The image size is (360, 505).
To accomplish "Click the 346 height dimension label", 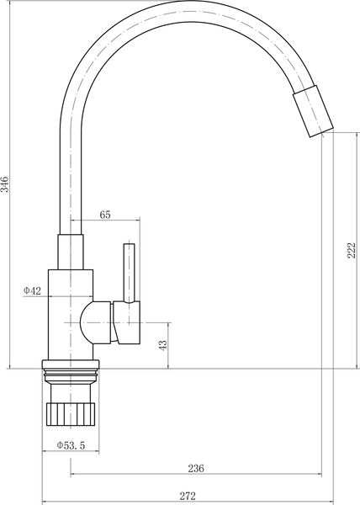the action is [5, 184].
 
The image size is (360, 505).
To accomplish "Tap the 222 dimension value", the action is [352, 250].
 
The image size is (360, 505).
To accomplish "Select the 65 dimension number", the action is [105, 215].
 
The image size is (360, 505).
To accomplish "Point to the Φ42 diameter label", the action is [32, 291].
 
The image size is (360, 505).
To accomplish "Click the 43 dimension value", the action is [163, 345].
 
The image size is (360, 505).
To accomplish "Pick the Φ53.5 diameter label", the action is [71, 445].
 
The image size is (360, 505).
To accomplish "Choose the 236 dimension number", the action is [196, 468].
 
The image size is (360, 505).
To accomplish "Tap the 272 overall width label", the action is [188, 496].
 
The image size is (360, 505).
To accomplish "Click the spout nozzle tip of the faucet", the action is [313, 111].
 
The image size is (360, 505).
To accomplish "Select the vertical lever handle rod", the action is [129, 273].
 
